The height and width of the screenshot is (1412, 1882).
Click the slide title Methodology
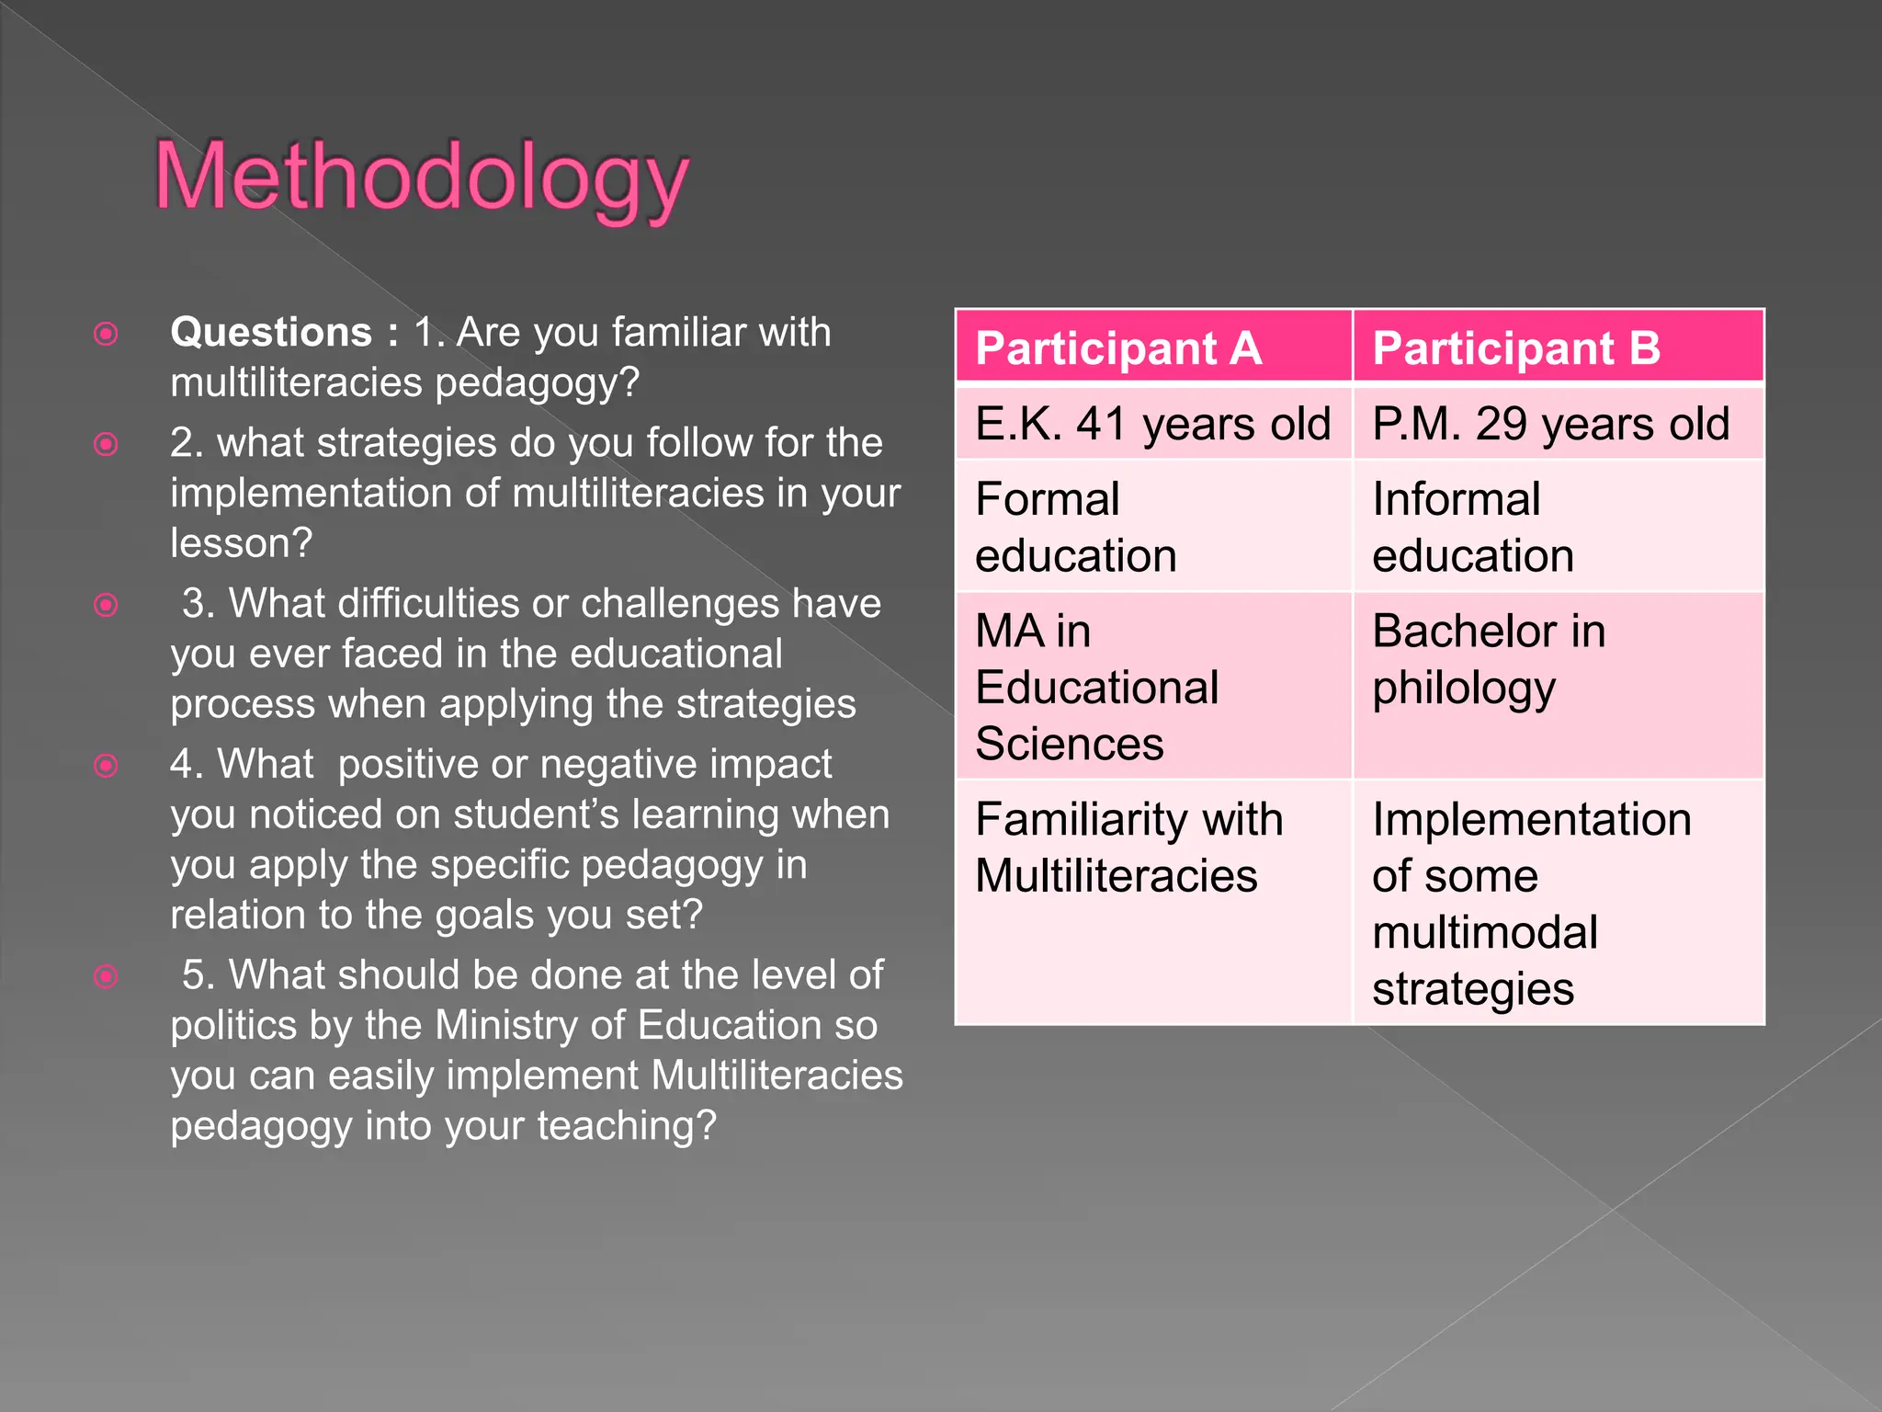422,176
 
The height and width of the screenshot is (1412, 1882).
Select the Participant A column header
1118,348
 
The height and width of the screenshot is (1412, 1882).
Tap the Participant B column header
1516,348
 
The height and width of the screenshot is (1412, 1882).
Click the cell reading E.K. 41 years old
1152,424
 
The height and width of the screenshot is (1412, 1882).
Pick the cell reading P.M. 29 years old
1550,424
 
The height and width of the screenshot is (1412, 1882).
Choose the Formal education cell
1075,527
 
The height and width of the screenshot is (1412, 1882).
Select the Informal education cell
1472,527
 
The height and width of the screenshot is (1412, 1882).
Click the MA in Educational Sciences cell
1097,687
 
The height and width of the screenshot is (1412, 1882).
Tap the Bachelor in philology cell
1489,659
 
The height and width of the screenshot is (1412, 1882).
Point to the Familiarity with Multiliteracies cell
1128,847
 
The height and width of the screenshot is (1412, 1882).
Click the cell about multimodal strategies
1531,903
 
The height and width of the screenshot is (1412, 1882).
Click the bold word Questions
271,332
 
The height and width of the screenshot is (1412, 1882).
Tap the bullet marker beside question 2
107,445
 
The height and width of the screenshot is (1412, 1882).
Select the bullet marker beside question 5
107,976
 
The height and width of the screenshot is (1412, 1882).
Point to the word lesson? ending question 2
242,543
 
